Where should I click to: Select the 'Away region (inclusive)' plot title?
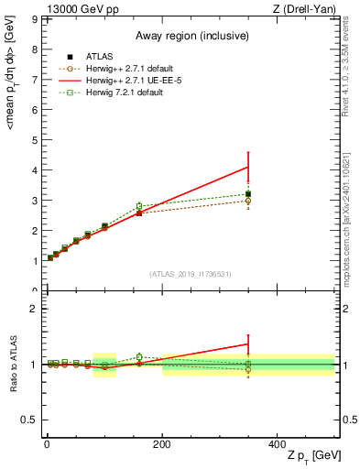pyautogui.click(x=191, y=36)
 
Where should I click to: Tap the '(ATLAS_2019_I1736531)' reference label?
pyautogui.click(x=191, y=274)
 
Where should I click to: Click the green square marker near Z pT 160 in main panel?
pyautogui.click(x=139, y=206)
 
